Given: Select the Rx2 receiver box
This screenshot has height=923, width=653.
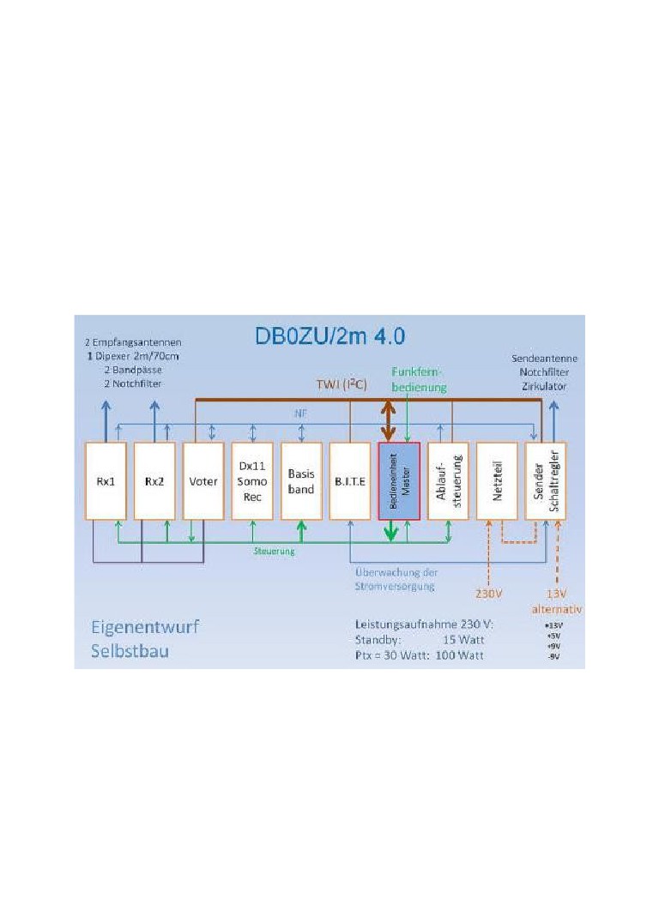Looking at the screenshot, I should click(x=154, y=481).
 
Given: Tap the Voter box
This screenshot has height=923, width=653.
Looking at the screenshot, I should click(x=203, y=481).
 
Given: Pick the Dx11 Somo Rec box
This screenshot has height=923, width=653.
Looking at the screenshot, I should click(x=252, y=481).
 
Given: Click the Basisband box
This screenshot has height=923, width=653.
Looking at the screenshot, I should click(x=301, y=481).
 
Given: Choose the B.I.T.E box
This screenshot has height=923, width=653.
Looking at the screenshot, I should click(x=350, y=481).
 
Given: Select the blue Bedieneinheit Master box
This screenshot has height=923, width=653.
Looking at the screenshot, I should click(x=399, y=481).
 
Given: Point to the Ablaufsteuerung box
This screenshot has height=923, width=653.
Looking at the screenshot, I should click(x=448, y=481).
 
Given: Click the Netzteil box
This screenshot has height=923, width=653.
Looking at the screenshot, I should click(x=497, y=481).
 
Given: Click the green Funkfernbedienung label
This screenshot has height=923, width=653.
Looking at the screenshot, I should click(x=420, y=379).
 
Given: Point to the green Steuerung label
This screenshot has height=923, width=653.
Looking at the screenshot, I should click(x=275, y=551).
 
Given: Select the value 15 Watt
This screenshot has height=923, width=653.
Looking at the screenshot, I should click(x=460, y=639).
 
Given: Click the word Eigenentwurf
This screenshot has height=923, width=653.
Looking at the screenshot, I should click(x=145, y=627).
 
